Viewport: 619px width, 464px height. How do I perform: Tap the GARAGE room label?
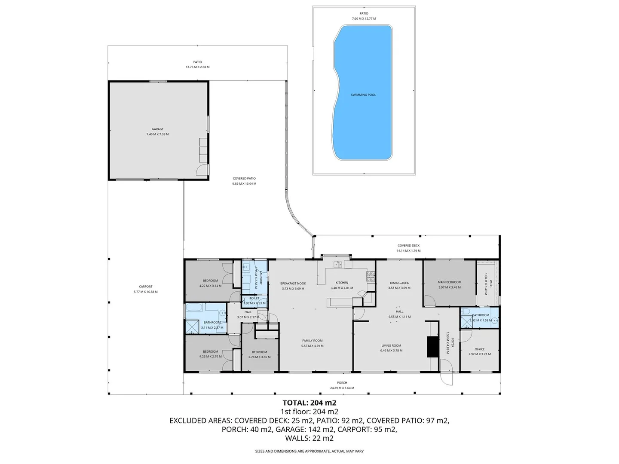click(x=157, y=129)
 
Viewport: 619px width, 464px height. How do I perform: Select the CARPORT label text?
click(x=146, y=287)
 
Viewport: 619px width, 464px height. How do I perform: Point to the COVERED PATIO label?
click(x=244, y=178)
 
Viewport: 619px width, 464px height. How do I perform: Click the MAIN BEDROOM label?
click(x=449, y=282)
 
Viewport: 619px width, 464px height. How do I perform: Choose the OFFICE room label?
click(x=479, y=349)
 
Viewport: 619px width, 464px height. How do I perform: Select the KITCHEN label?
click(x=342, y=283)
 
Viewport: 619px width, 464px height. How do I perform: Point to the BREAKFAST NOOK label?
click(x=293, y=284)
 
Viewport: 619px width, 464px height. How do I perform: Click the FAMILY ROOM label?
click(x=312, y=341)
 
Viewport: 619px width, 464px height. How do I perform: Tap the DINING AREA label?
click(x=399, y=283)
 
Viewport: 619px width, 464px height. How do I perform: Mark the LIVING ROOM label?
click(x=391, y=345)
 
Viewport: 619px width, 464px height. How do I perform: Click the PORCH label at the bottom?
click(x=342, y=383)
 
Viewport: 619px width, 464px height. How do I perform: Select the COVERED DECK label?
click(x=408, y=246)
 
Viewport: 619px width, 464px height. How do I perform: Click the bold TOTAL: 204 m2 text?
click(x=309, y=403)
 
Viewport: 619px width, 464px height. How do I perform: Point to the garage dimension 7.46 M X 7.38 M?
click(x=157, y=134)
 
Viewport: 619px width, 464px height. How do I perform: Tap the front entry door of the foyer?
click(x=446, y=378)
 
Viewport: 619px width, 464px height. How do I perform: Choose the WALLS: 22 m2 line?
click(x=309, y=439)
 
